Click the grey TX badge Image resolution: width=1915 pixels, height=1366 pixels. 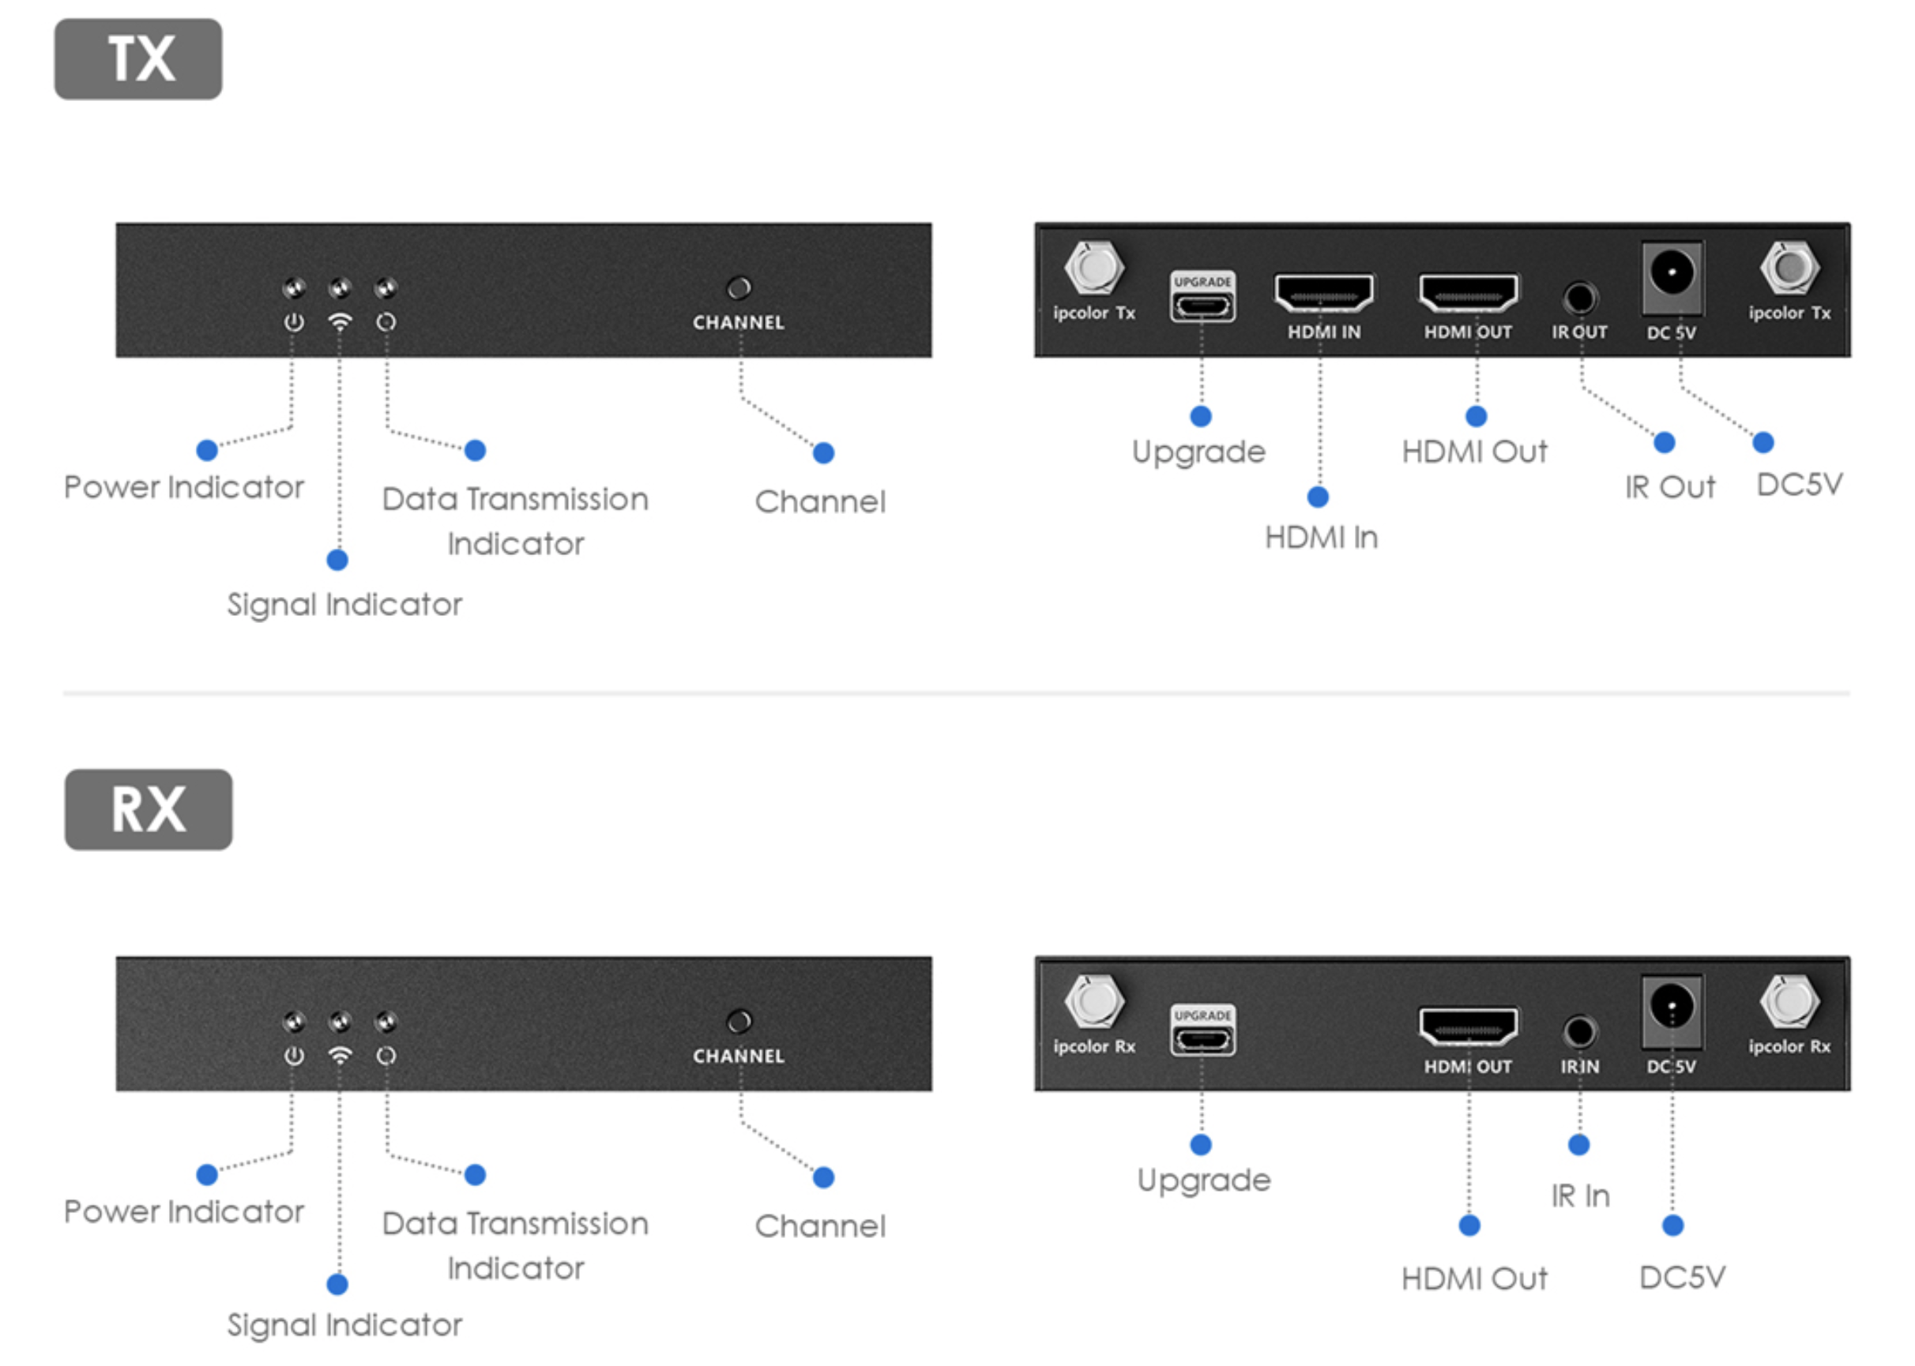[x=138, y=59]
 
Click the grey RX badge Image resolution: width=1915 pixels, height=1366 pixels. [x=148, y=809]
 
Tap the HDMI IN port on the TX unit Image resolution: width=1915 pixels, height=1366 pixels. [x=1322, y=294]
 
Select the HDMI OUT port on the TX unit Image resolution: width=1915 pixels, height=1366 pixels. [x=1468, y=294]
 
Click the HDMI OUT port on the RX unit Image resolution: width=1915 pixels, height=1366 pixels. [x=1468, y=1026]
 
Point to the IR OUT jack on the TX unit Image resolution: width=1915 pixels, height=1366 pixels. [x=1579, y=298]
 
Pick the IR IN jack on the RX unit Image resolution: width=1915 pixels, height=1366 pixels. [x=1579, y=1031]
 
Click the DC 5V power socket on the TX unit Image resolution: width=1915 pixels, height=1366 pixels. [x=1672, y=273]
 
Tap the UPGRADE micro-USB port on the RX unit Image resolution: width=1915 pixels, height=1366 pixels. [x=1202, y=1039]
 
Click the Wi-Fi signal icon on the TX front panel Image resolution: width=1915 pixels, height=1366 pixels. [x=340, y=322]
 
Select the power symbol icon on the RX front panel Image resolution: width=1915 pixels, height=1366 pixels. [x=294, y=1056]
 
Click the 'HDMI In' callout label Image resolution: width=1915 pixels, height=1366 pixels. [x=1321, y=538]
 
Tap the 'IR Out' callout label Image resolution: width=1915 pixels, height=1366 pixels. [x=1669, y=487]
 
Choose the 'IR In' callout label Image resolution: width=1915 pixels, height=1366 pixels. [x=1580, y=1195]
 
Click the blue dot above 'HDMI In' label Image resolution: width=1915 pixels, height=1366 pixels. [x=1318, y=497]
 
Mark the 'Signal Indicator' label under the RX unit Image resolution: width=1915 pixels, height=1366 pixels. [x=344, y=1325]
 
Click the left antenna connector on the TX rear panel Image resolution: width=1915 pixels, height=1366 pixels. [x=1094, y=268]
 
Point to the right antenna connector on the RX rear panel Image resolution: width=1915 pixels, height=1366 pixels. [x=1789, y=1001]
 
